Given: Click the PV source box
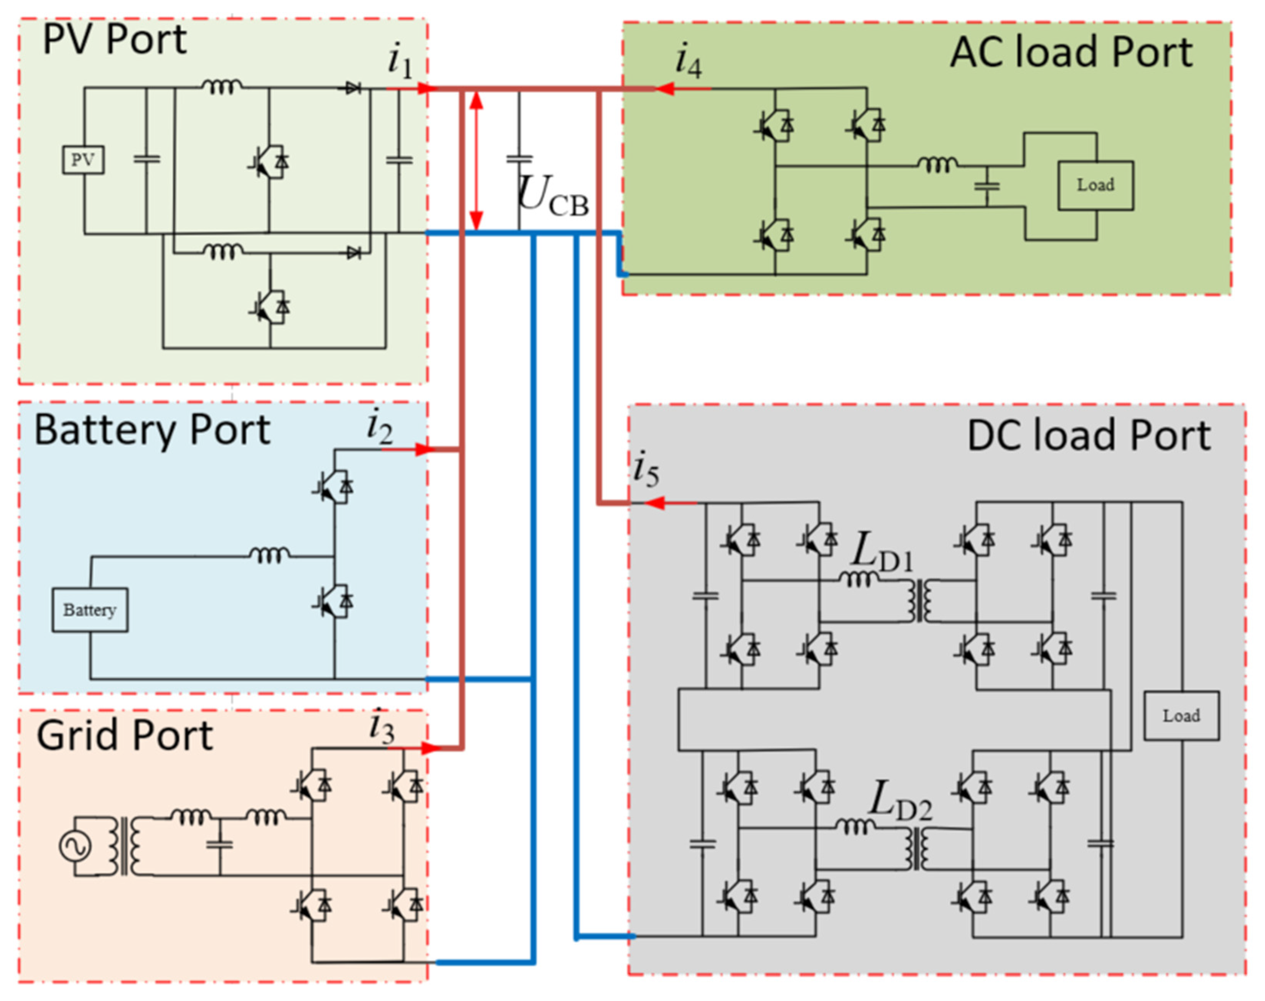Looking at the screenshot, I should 83,159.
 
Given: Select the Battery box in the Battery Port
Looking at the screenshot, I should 90,610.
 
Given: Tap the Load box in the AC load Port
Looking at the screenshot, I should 1095,185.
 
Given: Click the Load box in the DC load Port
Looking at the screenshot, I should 1181,716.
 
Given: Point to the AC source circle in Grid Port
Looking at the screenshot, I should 76,846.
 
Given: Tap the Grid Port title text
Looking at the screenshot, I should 124,736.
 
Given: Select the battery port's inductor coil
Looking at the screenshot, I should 269,554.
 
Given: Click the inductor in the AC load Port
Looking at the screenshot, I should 937,165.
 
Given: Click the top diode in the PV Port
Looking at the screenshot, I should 352,89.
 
